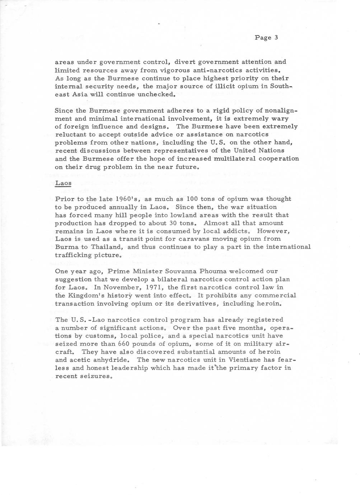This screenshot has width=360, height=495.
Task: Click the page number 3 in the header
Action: tap(276, 37)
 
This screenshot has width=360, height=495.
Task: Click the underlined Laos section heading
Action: tap(63, 183)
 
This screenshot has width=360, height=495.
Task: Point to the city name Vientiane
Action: tap(244, 360)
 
